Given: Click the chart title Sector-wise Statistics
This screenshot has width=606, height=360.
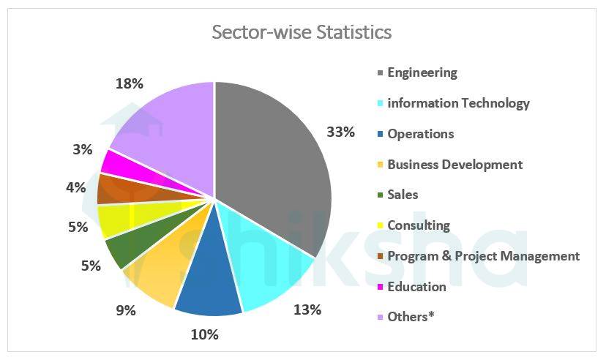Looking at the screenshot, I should pyautogui.click(x=302, y=33).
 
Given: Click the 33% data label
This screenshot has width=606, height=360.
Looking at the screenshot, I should pyautogui.click(x=340, y=132).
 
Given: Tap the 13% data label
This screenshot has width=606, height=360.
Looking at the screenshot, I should pyautogui.click(x=307, y=310).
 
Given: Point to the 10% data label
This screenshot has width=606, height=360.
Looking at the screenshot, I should pyautogui.click(x=204, y=334).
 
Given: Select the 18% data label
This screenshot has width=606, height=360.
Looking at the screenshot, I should pyautogui.click(x=130, y=83).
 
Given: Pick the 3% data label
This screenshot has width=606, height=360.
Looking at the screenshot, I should pyautogui.click(x=83, y=149).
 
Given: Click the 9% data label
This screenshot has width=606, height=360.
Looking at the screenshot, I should pyautogui.click(x=126, y=310).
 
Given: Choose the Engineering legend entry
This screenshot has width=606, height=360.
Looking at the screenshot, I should pyautogui.click(x=422, y=72).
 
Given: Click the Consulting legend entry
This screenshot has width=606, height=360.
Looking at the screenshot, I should pyautogui.click(x=418, y=225).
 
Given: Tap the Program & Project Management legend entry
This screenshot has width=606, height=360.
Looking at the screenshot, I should pyautogui.click(x=483, y=256).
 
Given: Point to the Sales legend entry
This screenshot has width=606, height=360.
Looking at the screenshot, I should pyautogui.click(x=403, y=195).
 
